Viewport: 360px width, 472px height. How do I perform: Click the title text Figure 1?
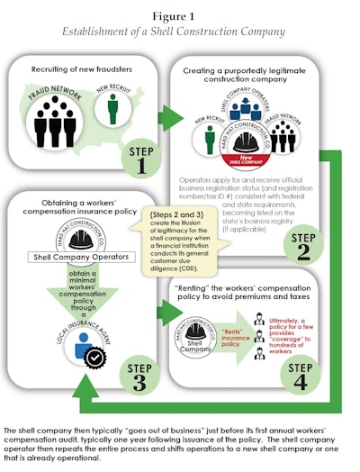point(180,15)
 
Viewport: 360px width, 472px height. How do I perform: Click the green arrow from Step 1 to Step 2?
point(168,117)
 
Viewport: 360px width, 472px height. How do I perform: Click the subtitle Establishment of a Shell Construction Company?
point(180,32)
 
